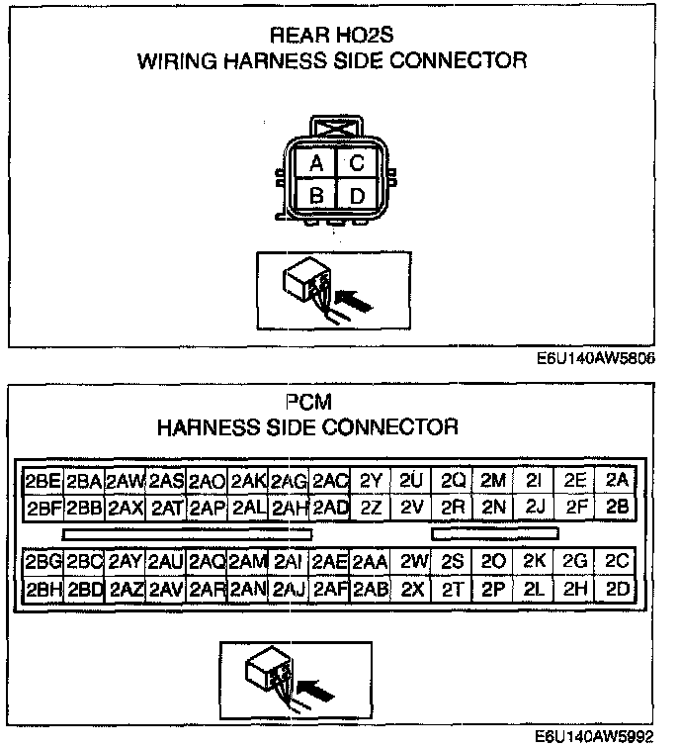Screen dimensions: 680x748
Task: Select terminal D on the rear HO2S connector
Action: [x=357, y=196]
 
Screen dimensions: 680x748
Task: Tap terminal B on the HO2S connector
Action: [x=315, y=196]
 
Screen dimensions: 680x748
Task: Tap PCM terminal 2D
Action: [x=618, y=588]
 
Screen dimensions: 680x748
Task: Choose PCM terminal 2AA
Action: [x=371, y=561]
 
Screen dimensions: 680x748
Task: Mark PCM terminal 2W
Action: [x=413, y=561]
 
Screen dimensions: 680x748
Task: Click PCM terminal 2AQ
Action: [x=207, y=561]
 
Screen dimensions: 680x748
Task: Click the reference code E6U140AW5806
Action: [x=597, y=360]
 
